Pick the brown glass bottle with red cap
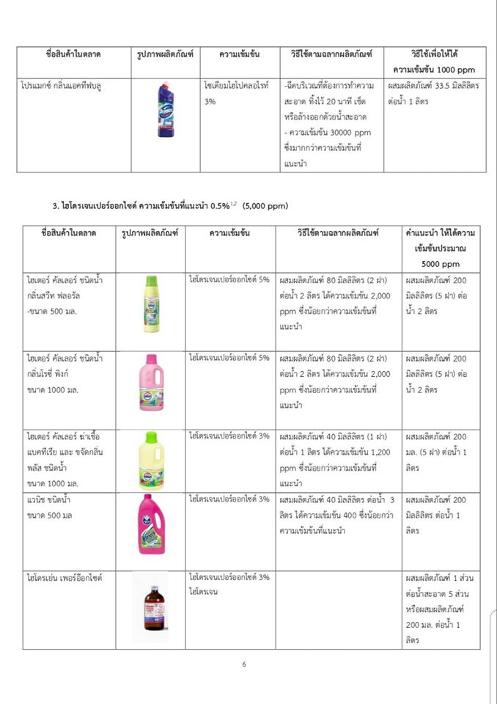pyautogui.click(x=150, y=606)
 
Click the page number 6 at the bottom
pyautogui.click(x=245, y=664)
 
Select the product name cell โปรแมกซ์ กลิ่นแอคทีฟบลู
pyautogui.click(x=62, y=86)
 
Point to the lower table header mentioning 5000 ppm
pyautogui.click(x=441, y=248)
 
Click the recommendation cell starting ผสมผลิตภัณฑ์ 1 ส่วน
pyautogui.click(x=441, y=608)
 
